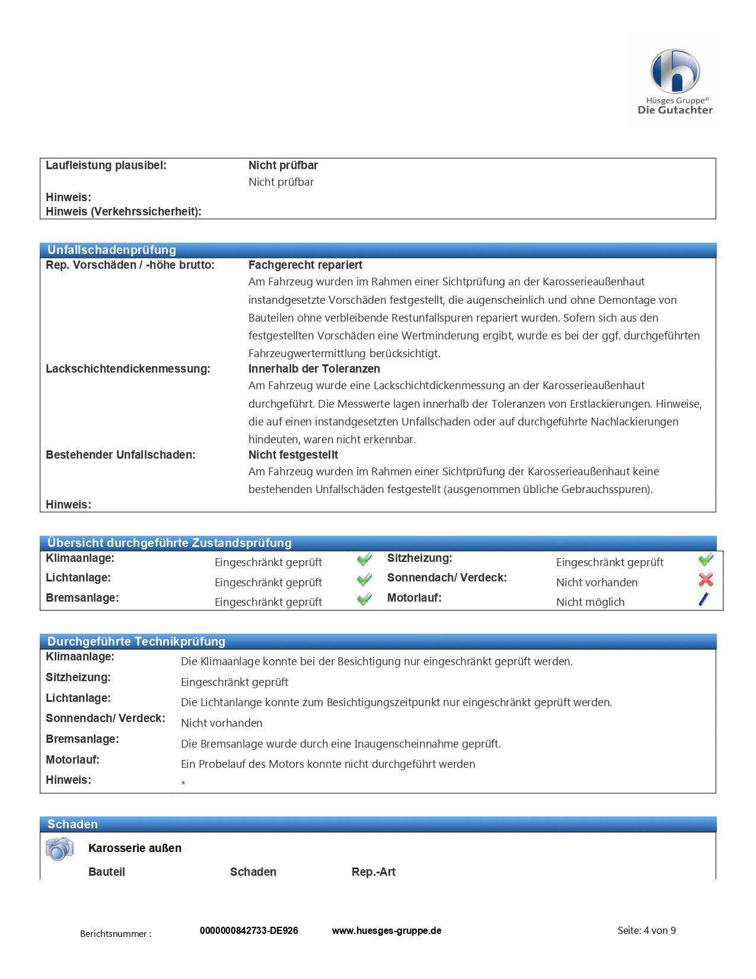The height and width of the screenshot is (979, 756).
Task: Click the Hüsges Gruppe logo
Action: click(x=675, y=81)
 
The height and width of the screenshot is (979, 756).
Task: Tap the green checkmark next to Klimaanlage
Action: click(x=365, y=560)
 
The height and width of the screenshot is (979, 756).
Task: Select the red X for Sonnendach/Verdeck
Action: click(x=706, y=580)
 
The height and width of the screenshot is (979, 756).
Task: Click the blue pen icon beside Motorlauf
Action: click(x=704, y=599)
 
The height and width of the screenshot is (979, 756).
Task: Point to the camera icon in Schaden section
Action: click(x=59, y=849)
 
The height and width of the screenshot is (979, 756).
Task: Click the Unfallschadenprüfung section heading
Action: click(x=111, y=250)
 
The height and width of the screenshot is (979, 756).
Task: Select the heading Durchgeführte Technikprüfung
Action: click(x=136, y=641)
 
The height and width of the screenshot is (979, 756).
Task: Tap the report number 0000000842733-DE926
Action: click(x=249, y=930)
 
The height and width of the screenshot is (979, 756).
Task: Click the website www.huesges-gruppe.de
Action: click(x=387, y=930)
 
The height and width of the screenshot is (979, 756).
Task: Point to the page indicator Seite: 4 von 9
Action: click(x=646, y=930)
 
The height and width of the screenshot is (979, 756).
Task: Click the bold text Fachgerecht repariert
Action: click(x=305, y=265)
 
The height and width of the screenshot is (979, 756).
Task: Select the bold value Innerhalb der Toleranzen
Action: click(x=314, y=369)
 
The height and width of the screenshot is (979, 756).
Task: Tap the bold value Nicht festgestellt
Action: click(x=294, y=455)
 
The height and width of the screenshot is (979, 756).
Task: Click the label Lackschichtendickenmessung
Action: click(x=128, y=369)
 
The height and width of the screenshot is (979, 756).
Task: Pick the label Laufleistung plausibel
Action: click(x=106, y=166)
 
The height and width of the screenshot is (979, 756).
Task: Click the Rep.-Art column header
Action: click(x=374, y=872)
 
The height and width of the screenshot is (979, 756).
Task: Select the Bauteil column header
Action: click(x=107, y=872)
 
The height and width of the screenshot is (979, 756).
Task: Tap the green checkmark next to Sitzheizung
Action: click(x=706, y=560)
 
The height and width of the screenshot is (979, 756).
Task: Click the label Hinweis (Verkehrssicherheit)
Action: click(x=123, y=212)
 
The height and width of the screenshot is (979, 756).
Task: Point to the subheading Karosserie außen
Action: click(x=135, y=848)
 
